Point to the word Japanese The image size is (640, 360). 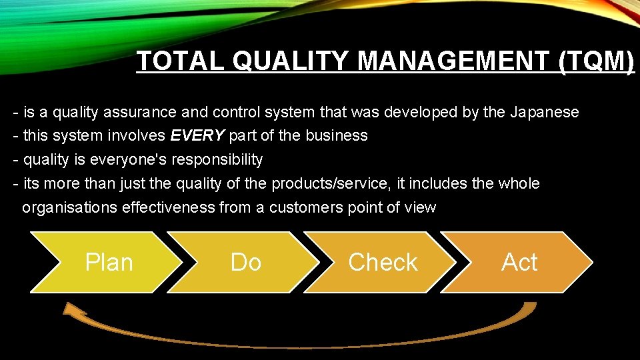pyautogui.click(x=544, y=112)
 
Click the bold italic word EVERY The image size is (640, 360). pyautogui.click(x=197, y=136)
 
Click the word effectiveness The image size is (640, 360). pyautogui.click(x=169, y=207)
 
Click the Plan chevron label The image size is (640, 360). pyautogui.click(x=109, y=262)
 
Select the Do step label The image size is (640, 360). pyautogui.click(x=245, y=262)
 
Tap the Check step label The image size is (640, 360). pyautogui.click(x=383, y=262)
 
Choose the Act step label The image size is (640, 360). pyautogui.click(x=519, y=262)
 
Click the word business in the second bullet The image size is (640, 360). pyautogui.click(x=337, y=136)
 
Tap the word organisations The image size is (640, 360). pyautogui.click(x=70, y=207)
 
